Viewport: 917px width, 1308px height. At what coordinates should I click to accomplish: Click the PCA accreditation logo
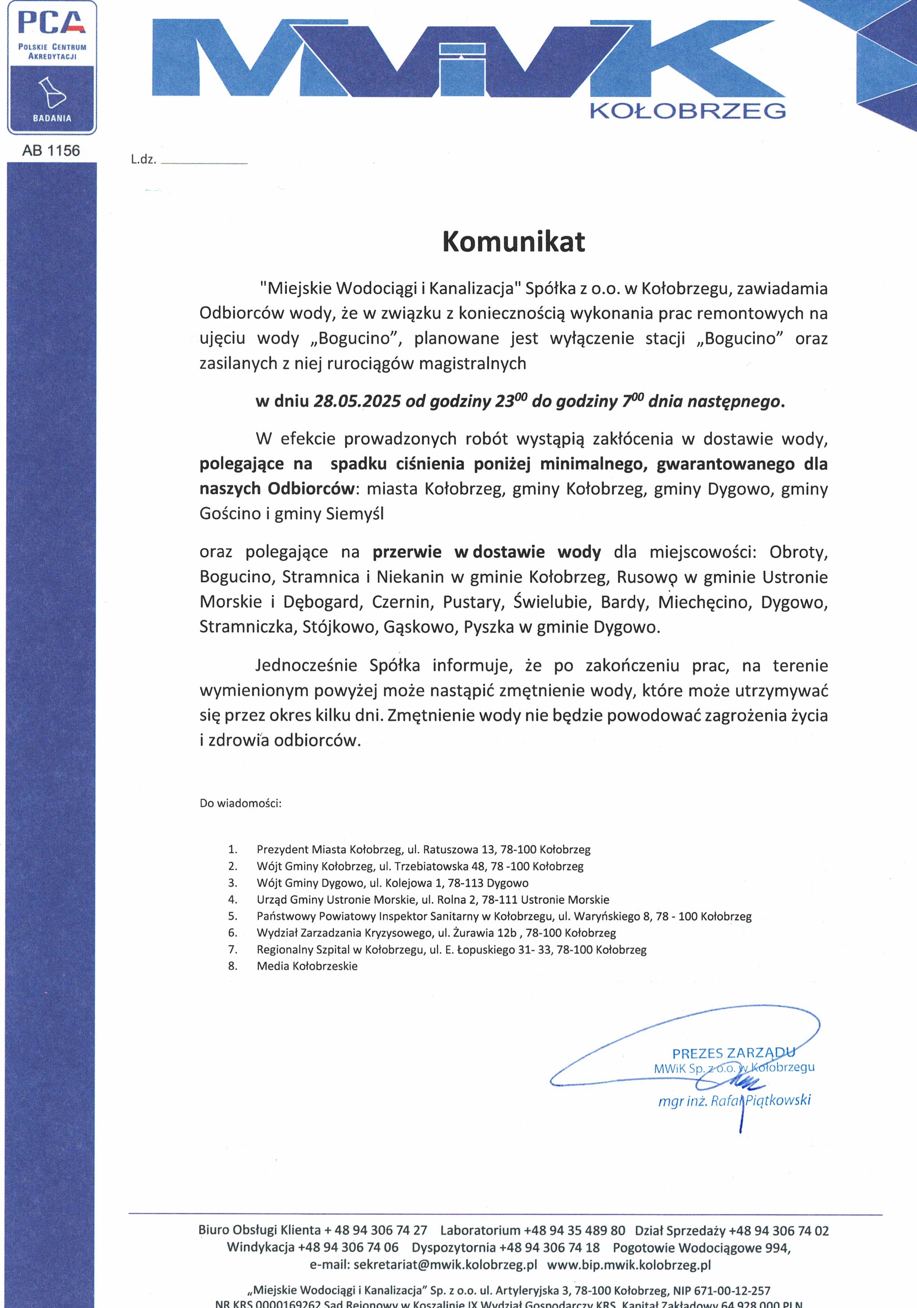coord(52,67)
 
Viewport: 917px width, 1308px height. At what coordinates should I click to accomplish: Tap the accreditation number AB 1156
coord(51,151)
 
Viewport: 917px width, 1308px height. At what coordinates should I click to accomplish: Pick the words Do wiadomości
coord(240,803)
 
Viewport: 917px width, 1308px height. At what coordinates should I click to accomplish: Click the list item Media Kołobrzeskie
coord(307,966)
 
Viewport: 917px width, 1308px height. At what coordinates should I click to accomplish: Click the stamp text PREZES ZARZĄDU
coord(733,1053)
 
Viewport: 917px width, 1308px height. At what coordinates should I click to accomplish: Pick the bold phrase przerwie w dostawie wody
coord(486,552)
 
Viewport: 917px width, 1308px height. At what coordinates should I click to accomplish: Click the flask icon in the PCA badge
coord(51,92)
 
